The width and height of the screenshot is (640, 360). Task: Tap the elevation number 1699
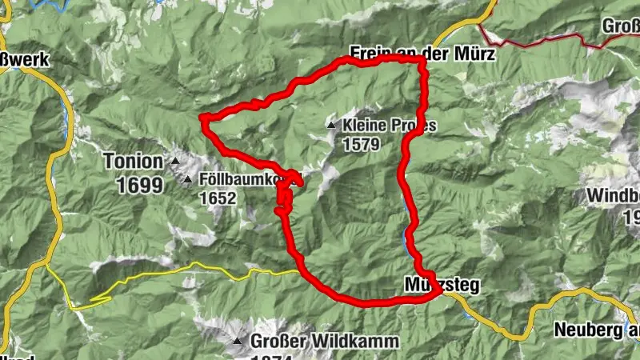[x=139, y=186]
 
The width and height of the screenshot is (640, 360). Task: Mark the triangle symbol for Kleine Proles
[x=331, y=126]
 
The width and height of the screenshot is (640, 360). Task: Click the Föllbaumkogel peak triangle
[x=188, y=179]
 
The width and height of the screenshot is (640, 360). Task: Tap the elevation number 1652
[x=218, y=197]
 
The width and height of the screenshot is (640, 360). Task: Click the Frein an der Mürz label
[x=422, y=54]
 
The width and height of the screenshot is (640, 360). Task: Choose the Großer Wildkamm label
[x=325, y=342]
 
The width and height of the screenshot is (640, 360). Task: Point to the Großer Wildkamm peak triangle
[x=238, y=342]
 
